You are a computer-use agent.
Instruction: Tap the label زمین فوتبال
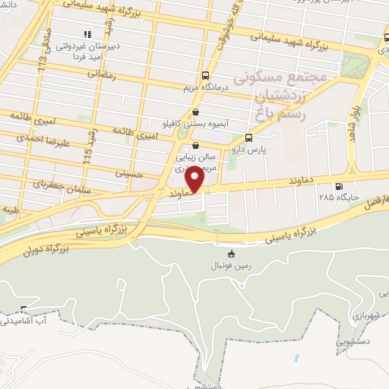(231, 266)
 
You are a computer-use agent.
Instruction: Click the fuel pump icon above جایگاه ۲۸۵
(338, 185)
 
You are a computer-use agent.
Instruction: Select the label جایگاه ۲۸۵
(338, 198)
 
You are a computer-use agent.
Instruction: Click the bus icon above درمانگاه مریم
(205, 75)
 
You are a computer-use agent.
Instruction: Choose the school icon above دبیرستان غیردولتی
(87, 34)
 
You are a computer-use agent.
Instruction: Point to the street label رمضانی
(100, 74)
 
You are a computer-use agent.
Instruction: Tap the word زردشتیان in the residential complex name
(283, 97)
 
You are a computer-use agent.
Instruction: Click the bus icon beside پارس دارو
(248, 138)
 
